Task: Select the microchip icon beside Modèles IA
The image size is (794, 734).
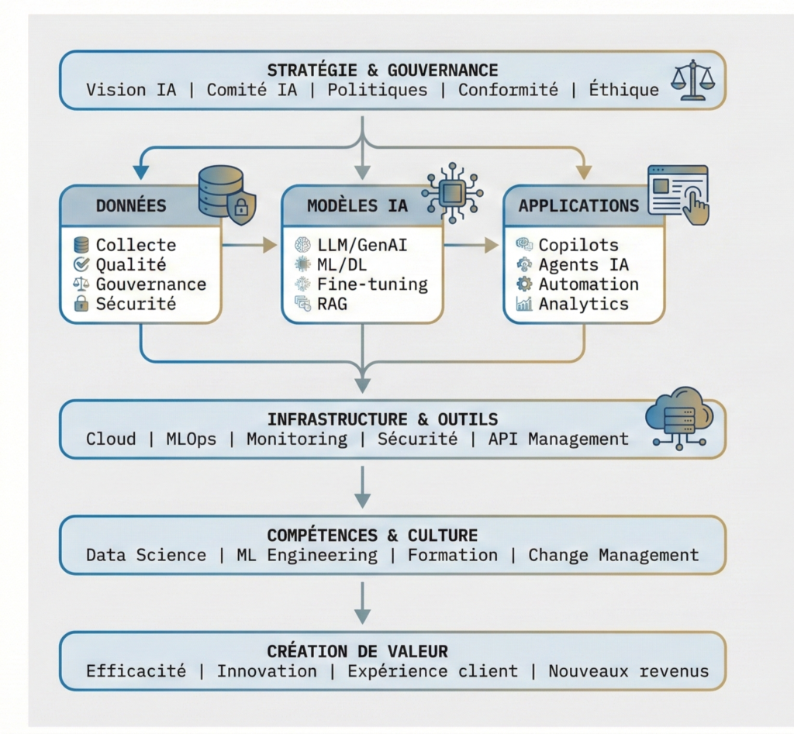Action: coord(452,192)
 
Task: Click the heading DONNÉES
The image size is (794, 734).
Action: coord(131,205)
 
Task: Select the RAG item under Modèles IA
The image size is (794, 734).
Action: coord(332,304)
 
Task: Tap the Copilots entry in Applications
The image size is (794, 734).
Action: coord(578,245)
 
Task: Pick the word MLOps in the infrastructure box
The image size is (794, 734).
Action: coord(191,439)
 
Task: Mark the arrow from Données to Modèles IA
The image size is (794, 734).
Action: coord(250,245)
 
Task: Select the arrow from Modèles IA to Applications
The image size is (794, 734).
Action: coord(471,245)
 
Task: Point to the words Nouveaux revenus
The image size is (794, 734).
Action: coord(628,670)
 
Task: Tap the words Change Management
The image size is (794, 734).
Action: coord(613,555)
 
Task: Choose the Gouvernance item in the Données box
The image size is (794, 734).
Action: coord(151,284)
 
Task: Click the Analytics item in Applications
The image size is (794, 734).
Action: coord(583,304)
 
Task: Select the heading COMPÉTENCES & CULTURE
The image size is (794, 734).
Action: coord(372,536)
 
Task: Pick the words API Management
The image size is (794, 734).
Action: coord(558,439)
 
